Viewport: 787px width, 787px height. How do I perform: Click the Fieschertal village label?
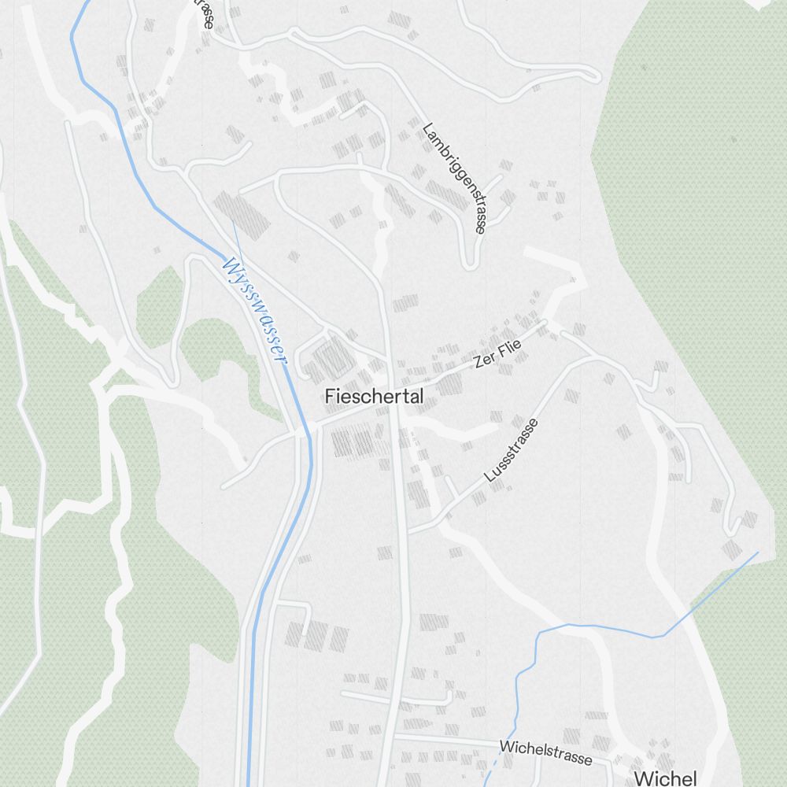click(x=374, y=397)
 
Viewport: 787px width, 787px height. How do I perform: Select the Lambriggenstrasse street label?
click(x=455, y=178)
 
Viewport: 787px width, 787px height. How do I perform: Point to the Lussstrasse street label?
click(x=512, y=450)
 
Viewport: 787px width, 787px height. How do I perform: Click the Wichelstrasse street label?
click(x=545, y=752)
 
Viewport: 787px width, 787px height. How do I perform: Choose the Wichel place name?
click(x=665, y=778)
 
